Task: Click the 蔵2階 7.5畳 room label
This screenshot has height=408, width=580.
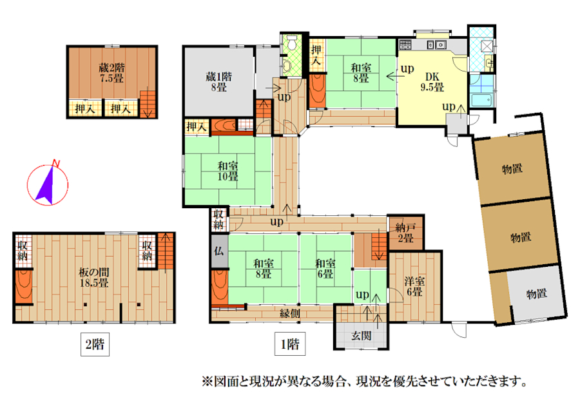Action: click(111, 73)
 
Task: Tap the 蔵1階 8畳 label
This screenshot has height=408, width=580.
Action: click(218, 82)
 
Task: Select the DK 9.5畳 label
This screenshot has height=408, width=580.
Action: click(432, 82)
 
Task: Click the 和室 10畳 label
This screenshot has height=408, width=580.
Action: click(227, 171)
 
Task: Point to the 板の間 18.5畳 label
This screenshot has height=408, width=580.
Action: click(94, 278)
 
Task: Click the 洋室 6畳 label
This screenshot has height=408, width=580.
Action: click(414, 286)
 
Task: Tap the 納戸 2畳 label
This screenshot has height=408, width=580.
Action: click(405, 233)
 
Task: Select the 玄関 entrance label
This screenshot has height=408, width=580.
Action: click(362, 336)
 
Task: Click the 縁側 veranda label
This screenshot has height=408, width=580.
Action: click(290, 314)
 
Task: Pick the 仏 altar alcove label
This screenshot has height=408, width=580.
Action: click(218, 251)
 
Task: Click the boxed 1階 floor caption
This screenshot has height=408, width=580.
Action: click(290, 344)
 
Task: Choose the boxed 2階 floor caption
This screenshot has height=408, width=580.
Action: click(95, 344)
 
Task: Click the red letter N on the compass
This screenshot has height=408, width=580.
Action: click(56, 163)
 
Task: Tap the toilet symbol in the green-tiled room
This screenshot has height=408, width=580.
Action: click(292, 43)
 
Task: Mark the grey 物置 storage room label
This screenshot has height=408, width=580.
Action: click(537, 294)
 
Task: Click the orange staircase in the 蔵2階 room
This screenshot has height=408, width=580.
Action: click(148, 104)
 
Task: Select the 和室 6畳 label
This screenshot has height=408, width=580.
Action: click(325, 269)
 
